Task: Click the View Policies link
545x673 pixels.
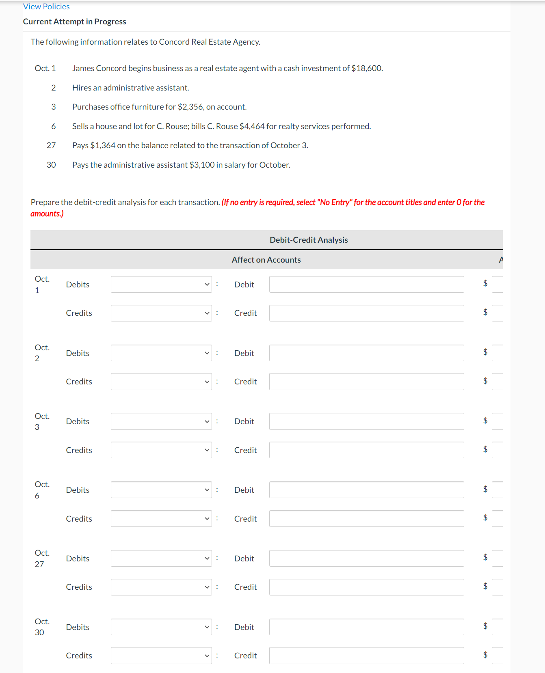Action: tap(46, 6)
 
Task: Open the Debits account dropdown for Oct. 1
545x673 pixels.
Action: tap(161, 285)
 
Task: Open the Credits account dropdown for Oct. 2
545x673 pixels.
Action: tap(161, 382)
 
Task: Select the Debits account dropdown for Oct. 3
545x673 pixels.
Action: tap(161, 421)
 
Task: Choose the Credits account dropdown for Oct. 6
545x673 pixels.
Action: tap(161, 519)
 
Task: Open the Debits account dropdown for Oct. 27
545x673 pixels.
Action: tap(161, 559)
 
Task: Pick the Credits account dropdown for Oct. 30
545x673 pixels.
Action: tap(161, 656)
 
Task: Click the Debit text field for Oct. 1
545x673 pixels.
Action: tap(366, 285)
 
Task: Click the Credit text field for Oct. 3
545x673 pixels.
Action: tap(366, 450)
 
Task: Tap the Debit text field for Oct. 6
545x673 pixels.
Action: tap(366, 490)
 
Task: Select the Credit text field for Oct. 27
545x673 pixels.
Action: tap(366, 587)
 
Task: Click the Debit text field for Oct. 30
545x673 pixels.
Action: tap(366, 627)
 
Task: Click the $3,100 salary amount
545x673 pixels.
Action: tap(202, 165)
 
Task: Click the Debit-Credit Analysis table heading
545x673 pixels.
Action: tap(309, 240)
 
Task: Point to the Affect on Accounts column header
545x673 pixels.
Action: tap(266, 260)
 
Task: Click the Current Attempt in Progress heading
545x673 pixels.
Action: tap(74, 22)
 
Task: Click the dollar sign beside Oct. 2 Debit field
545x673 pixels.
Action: tap(485, 352)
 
